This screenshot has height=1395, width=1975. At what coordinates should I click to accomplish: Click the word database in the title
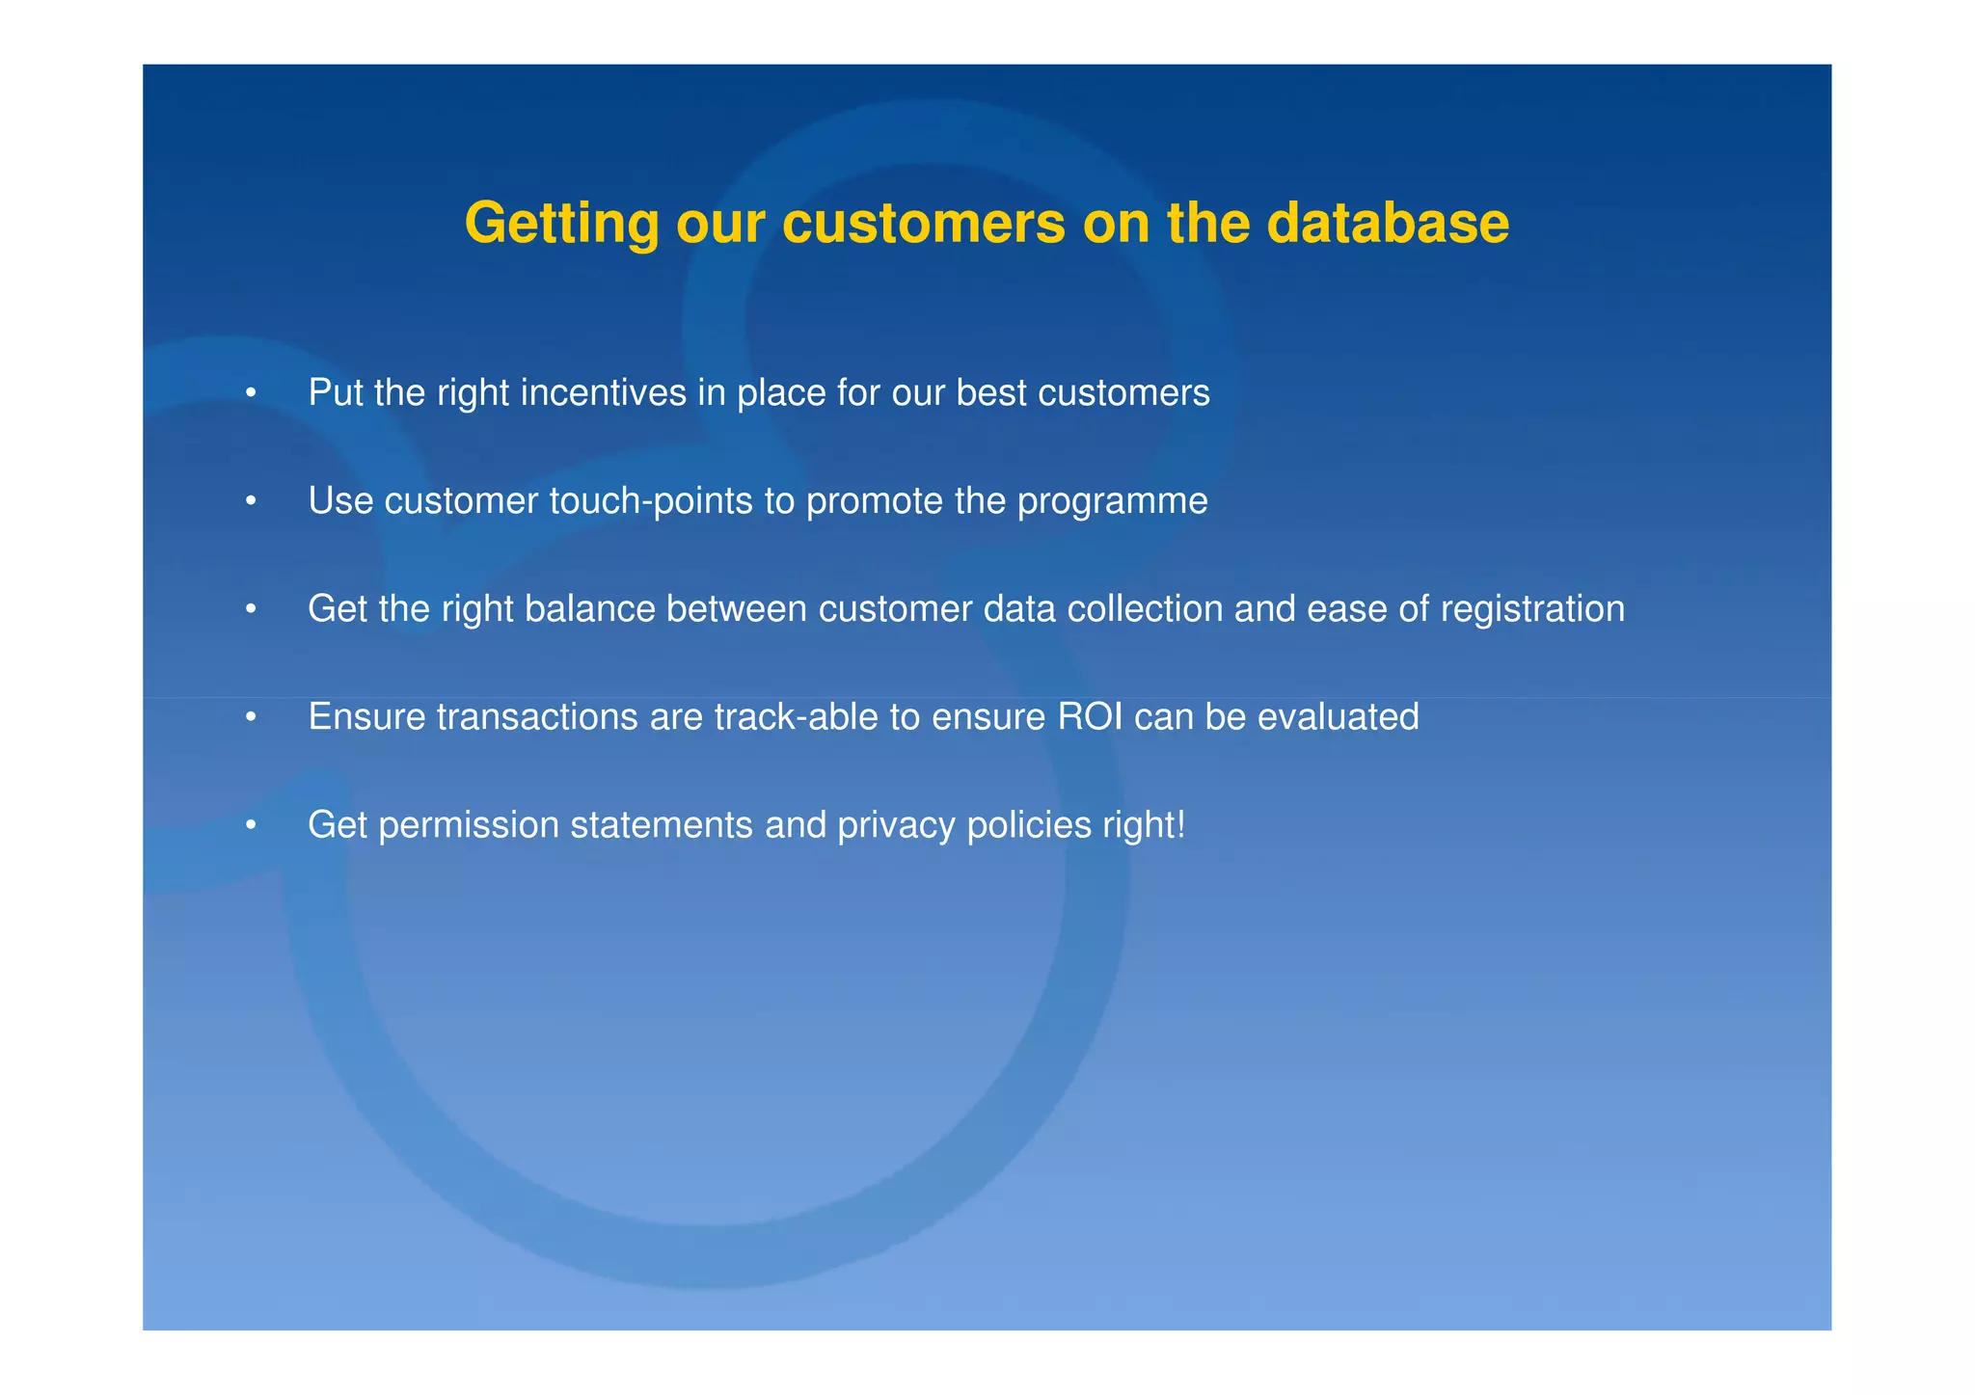pyautogui.click(x=1388, y=223)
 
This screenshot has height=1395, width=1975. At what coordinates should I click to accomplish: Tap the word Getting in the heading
pyautogui.click(x=561, y=225)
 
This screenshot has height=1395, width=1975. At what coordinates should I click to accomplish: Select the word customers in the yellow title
pyautogui.click(x=924, y=223)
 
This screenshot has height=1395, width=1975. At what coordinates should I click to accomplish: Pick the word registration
pyautogui.click(x=1532, y=610)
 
